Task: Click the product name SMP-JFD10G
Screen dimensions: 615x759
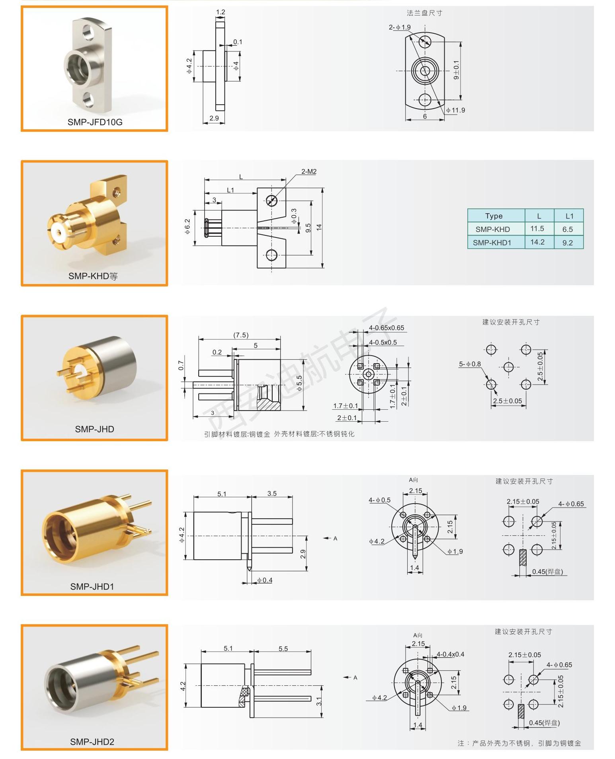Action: tap(95, 122)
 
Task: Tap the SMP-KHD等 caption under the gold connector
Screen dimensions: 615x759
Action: tap(93, 276)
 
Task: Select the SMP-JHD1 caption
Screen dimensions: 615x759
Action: tap(92, 586)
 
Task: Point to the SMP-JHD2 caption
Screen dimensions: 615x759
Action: tap(92, 741)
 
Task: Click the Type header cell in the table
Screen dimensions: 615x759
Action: tap(494, 216)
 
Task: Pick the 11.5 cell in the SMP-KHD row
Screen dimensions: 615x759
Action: tap(537, 229)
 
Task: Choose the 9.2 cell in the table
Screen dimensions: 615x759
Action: tap(568, 243)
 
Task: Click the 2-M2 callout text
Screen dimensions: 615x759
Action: tap(308, 171)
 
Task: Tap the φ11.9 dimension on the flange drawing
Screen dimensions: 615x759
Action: tap(455, 110)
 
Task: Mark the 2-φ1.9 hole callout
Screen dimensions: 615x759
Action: tap(400, 27)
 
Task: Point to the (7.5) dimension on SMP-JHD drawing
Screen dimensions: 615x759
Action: tap(241, 335)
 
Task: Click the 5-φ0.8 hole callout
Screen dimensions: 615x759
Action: tap(470, 364)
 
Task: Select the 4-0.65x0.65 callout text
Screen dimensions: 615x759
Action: tap(386, 328)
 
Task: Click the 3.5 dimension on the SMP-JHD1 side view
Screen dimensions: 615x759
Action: tap(272, 493)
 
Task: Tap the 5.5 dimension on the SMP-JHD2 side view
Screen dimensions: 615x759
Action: tap(283, 648)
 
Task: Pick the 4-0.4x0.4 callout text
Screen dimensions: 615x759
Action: tap(450, 654)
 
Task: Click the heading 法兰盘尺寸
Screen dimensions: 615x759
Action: tap(424, 13)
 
